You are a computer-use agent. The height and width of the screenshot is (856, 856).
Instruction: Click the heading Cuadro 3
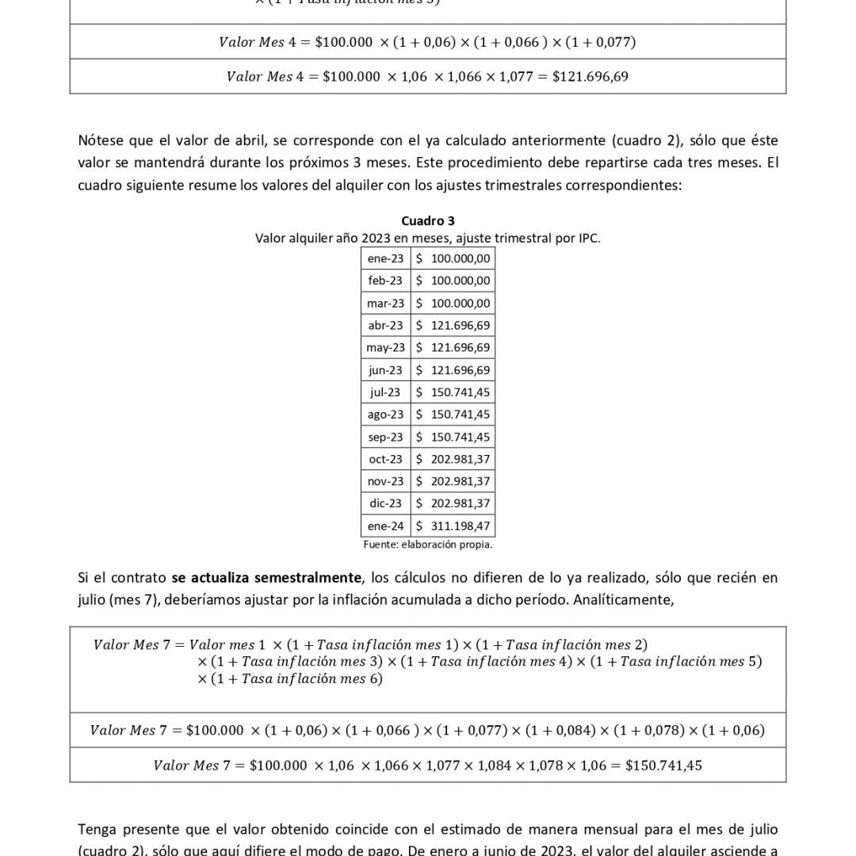(428, 221)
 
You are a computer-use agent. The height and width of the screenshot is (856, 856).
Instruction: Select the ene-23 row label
(385, 258)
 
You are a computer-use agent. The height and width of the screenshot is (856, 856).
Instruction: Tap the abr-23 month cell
(385, 325)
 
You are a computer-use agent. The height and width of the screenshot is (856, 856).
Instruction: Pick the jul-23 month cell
(385, 392)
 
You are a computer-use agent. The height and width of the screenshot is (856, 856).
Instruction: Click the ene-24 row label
(385, 525)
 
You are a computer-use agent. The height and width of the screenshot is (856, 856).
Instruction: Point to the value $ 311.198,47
(453, 525)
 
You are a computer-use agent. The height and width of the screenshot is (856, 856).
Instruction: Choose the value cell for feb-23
(453, 281)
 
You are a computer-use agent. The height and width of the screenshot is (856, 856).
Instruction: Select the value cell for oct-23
(453, 459)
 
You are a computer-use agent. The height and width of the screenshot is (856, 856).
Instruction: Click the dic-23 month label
(385, 503)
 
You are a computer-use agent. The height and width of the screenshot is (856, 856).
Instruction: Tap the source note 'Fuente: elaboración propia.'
(428, 545)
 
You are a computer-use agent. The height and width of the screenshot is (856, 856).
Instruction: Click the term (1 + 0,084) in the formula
(557, 731)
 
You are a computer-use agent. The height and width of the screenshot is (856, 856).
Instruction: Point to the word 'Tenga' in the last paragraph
(97, 830)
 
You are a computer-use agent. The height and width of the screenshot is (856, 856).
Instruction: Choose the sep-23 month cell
(385, 437)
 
